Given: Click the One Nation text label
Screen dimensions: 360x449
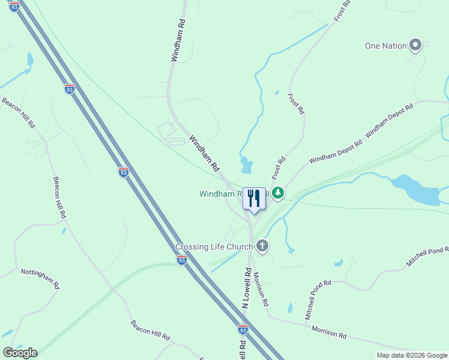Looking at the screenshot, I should [385, 46].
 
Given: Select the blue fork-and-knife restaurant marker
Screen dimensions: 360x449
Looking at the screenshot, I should [254, 199].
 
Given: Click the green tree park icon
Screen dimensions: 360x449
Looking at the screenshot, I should [277, 193].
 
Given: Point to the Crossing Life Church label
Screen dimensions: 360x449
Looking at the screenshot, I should [214, 247].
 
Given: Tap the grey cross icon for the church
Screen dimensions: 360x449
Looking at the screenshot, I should [262, 245].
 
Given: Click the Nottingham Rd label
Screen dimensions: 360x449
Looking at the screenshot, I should [40, 279].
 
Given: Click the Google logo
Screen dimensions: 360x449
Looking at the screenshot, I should [20, 352].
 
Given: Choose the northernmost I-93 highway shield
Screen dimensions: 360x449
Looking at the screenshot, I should [14, 5].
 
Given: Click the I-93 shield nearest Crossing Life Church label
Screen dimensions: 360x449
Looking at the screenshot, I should [181, 260].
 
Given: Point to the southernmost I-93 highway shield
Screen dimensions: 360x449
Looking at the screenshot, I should [243, 330].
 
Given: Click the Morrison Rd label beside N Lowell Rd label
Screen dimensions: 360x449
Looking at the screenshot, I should [260, 289].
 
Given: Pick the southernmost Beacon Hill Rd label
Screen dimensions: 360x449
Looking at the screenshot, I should [151, 331].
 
